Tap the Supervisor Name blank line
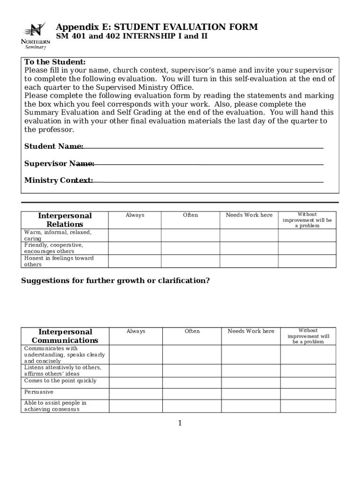[209, 164]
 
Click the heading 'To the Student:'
[55, 62]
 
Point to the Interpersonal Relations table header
[65, 220]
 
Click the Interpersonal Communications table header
[65, 336]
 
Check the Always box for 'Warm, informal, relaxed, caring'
[135, 235]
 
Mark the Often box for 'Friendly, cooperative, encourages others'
[190, 248]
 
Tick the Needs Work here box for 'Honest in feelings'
[249, 261]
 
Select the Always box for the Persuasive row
[136, 394]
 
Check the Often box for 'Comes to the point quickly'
[192, 383]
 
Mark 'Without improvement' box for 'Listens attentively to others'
[308, 370]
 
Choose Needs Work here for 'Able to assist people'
[251, 406]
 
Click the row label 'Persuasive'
[39, 392]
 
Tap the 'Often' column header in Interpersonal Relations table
[190, 215]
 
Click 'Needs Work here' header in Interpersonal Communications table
[251, 331]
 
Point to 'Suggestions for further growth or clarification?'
[115, 281]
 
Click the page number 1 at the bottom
[180, 423]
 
